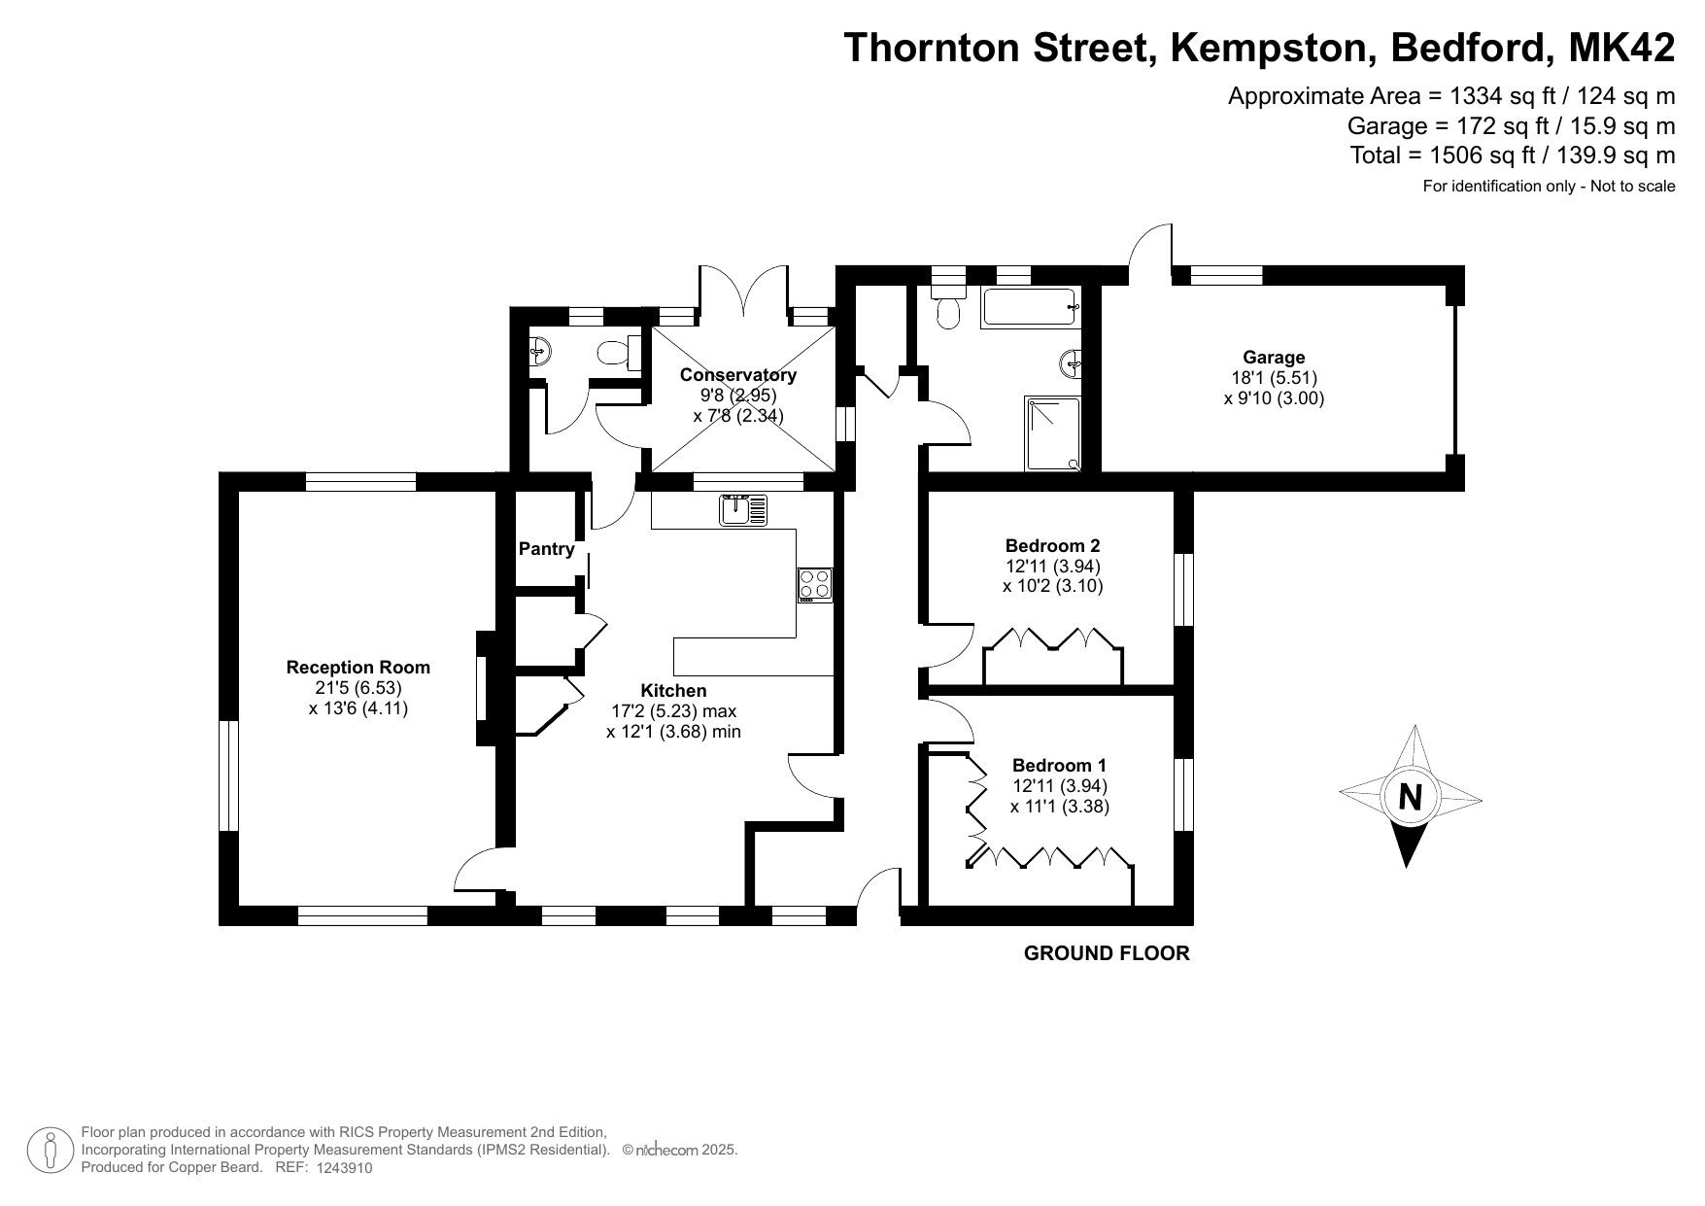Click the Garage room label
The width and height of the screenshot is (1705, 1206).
[1274, 357]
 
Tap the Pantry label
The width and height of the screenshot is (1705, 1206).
[547, 549]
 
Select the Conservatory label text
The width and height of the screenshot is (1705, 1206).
[738, 374]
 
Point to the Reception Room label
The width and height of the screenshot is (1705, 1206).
[358, 668]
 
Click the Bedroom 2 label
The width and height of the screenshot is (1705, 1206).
[1052, 545]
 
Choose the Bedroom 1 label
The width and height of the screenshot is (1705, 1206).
[1059, 765]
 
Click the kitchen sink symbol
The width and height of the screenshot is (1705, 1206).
[743, 510]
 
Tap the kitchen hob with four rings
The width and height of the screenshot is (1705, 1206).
[815, 585]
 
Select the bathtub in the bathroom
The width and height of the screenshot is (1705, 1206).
[1031, 307]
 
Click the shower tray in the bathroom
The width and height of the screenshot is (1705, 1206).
[1052, 432]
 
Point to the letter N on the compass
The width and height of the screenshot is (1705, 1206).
[1410, 797]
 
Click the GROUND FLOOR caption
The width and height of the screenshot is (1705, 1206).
[1107, 953]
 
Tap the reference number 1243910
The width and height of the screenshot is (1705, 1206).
[344, 1169]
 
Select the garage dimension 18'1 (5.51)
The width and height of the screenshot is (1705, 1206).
[1274, 377]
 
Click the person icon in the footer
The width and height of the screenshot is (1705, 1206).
[51, 1150]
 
